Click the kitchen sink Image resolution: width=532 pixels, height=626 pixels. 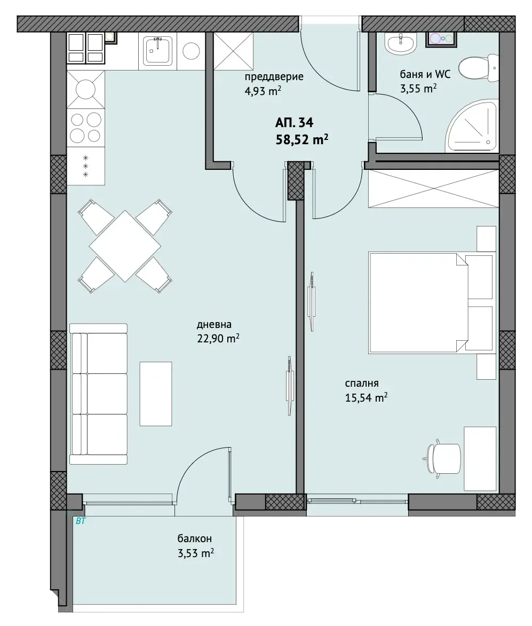click(x=157, y=51)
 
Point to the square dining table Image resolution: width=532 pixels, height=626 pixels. click(x=125, y=246)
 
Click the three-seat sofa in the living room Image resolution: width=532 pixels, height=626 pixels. click(x=99, y=394)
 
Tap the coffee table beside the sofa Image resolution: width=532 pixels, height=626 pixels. click(x=155, y=394)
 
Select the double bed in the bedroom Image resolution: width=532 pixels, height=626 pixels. click(x=430, y=303)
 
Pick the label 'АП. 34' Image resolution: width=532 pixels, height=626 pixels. click(x=295, y=122)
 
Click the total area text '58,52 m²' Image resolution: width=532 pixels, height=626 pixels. click(x=303, y=140)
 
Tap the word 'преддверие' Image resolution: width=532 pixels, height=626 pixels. click(x=274, y=77)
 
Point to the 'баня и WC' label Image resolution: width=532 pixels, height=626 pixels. click(x=425, y=74)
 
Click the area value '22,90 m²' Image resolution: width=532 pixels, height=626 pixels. click(x=218, y=339)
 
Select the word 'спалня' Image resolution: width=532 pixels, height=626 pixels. click(x=362, y=384)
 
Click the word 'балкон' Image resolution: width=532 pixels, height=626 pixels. click(x=195, y=538)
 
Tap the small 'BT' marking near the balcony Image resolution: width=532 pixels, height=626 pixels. click(x=81, y=521)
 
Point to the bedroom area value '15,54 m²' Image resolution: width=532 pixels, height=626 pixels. click(x=366, y=397)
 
